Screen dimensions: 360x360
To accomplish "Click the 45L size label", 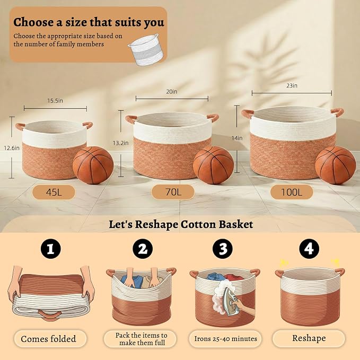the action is coord(54,192).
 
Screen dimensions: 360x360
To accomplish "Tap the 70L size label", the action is coord(173,192).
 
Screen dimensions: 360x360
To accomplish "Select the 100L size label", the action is coord(292,192).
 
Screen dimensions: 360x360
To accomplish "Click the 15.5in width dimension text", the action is coord(55,101).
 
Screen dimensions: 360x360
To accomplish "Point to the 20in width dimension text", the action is coord(172,92).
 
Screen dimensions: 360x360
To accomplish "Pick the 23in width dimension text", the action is coord(292,86).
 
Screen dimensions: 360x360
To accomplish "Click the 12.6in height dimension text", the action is coord(12,148).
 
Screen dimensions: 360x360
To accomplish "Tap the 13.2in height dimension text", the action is coord(120,143).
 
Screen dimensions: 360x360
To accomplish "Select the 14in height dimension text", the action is coord(237,138).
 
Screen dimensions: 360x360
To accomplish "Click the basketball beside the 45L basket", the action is coord(93,165).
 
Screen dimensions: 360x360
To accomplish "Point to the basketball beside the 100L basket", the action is coord(336,165).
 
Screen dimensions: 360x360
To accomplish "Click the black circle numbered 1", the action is coord(51,249).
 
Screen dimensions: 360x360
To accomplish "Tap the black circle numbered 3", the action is coord(223,249).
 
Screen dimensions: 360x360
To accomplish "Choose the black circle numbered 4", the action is coord(309,249).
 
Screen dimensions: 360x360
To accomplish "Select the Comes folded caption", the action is coord(48,339).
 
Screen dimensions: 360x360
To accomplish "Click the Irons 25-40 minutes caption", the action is coord(226,339).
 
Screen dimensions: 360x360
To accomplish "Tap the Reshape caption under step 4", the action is coord(309,338).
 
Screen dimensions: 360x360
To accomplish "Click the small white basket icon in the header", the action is coord(147,50).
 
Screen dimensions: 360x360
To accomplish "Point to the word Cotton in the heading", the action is coord(198,224).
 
